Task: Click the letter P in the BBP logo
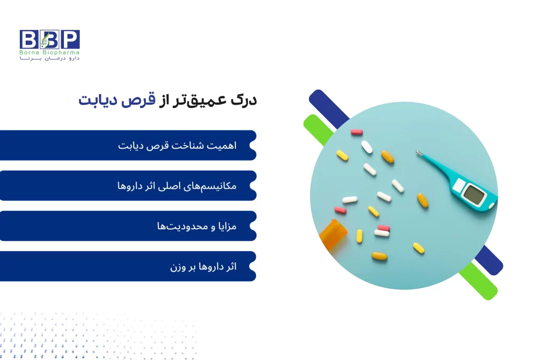(70, 39)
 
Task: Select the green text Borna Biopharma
(50, 53)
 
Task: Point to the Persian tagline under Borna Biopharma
(50, 59)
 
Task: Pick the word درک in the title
(243, 100)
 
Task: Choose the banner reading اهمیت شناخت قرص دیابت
(128, 145)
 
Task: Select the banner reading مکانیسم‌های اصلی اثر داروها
(128, 186)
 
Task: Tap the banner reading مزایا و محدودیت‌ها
(128, 226)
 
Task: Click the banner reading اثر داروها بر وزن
(128, 266)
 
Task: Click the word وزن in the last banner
(178, 267)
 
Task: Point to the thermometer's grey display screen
(474, 195)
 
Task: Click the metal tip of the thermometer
(419, 154)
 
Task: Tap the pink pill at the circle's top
(356, 132)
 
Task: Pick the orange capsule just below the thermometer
(422, 200)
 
